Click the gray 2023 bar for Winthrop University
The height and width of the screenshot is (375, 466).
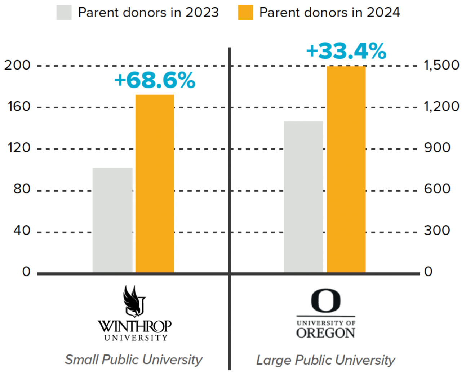(112, 220)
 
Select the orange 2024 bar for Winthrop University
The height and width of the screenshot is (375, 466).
(155, 184)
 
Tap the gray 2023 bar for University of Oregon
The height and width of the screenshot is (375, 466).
(303, 197)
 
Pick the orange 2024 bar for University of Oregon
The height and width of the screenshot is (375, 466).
(346, 170)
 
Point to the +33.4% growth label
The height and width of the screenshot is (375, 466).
(346, 51)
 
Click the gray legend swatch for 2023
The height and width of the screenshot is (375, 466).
(64, 13)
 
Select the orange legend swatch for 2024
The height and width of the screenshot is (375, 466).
(245, 13)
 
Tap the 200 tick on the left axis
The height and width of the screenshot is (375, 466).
(17, 65)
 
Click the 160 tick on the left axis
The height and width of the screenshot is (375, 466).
(19, 107)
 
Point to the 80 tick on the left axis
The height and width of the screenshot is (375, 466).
(22, 189)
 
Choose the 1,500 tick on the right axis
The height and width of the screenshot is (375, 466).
(441, 65)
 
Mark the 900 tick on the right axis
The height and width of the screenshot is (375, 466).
(437, 148)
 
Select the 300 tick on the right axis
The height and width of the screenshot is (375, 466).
(437, 230)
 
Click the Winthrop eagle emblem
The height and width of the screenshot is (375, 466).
(134, 301)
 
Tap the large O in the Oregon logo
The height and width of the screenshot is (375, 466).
(326, 300)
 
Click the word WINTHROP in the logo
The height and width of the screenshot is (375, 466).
(134, 326)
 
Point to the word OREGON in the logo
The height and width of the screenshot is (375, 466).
(326, 333)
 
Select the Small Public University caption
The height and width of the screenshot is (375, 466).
(134, 360)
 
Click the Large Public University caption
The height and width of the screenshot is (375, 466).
(326, 360)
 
